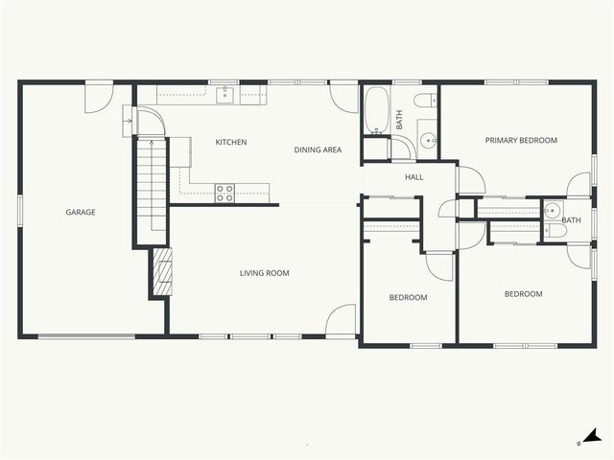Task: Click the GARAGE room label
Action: point(80,212)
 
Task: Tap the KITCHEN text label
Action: point(230,143)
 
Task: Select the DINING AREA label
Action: point(318,149)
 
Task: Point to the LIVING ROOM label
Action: point(264,273)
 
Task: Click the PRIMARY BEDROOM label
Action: point(520,141)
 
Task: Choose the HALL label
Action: point(413,177)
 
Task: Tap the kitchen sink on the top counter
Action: point(224,94)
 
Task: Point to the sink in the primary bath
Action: point(553,211)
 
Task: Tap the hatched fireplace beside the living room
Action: point(160,274)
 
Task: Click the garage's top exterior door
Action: point(99,97)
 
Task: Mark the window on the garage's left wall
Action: point(20,212)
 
